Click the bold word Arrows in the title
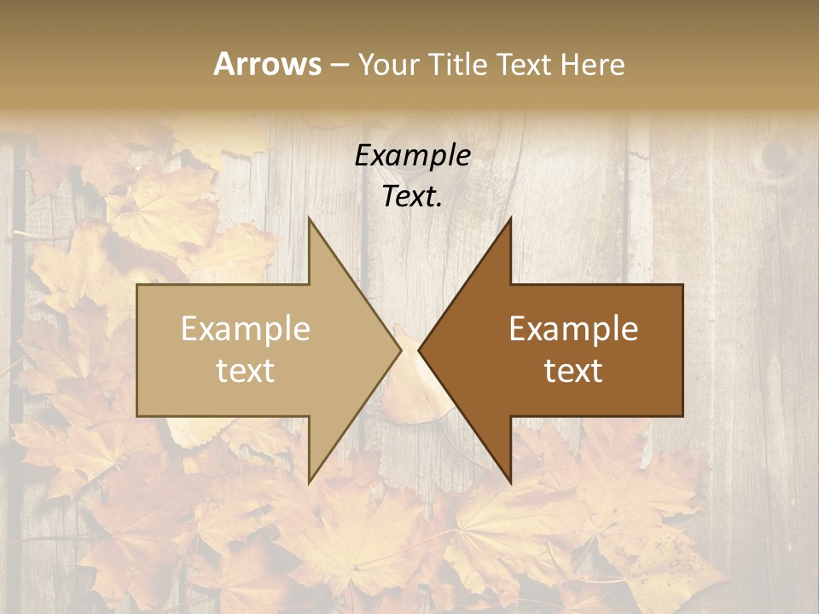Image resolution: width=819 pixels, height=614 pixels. (x=267, y=64)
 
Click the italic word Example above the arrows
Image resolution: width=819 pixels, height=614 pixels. (x=412, y=156)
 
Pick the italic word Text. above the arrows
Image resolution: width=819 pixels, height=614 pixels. (x=412, y=196)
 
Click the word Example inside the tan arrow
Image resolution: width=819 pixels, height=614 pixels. (x=246, y=329)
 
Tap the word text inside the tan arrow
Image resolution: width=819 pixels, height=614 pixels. (x=246, y=370)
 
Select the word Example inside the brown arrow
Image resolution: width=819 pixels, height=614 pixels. (x=573, y=329)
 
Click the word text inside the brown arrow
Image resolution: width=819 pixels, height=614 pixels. (x=573, y=370)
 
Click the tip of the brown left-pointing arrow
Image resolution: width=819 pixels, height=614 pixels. (x=419, y=350)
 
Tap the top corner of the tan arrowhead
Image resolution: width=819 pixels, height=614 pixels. (x=309, y=219)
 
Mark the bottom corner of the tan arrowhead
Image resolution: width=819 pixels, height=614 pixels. (x=309, y=482)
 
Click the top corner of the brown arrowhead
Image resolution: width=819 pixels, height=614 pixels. (x=510, y=219)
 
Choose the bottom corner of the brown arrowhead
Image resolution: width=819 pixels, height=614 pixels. (x=510, y=482)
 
